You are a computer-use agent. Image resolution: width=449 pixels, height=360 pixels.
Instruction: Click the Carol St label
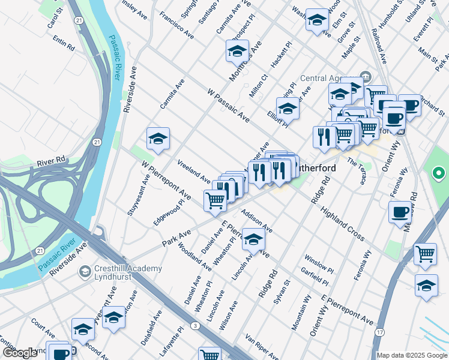coord(55,18)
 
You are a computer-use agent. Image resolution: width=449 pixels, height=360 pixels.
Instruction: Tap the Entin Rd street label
coord(64,43)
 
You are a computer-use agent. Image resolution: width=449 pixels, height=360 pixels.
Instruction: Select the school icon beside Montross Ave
coord(238,51)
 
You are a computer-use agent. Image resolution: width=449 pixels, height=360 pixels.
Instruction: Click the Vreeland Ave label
coord(193,172)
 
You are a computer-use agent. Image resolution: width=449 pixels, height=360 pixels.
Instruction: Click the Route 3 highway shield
coord(196,325)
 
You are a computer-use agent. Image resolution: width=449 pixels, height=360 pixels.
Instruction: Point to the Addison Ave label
coord(257,221)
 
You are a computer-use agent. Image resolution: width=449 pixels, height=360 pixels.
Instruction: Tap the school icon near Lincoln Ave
coord(253,240)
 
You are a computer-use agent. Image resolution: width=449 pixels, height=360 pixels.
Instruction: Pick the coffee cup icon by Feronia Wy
coord(400,212)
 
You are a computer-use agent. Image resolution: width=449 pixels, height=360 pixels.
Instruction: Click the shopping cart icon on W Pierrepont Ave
coord(215,200)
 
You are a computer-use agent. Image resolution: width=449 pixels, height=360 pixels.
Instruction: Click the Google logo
coord(20,353)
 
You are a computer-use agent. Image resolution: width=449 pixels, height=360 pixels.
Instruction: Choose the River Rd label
coord(50,161)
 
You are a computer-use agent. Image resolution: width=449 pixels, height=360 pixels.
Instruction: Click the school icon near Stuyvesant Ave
coord(158,139)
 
